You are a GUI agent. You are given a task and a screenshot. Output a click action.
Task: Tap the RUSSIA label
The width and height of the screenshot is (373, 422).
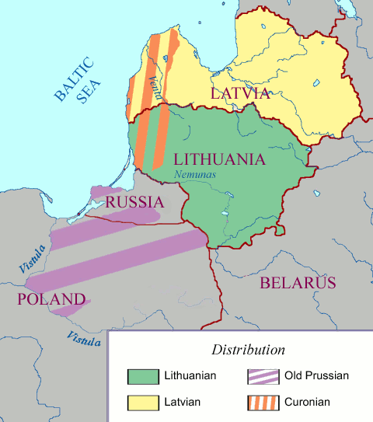tap(134, 202)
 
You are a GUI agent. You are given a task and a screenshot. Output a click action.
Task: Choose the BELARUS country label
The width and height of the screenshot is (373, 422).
tap(298, 282)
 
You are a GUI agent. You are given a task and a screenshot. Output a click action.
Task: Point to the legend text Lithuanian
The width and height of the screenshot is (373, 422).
tap(190, 376)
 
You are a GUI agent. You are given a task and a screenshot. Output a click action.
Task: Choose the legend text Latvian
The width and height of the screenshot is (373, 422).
tap(182, 402)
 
